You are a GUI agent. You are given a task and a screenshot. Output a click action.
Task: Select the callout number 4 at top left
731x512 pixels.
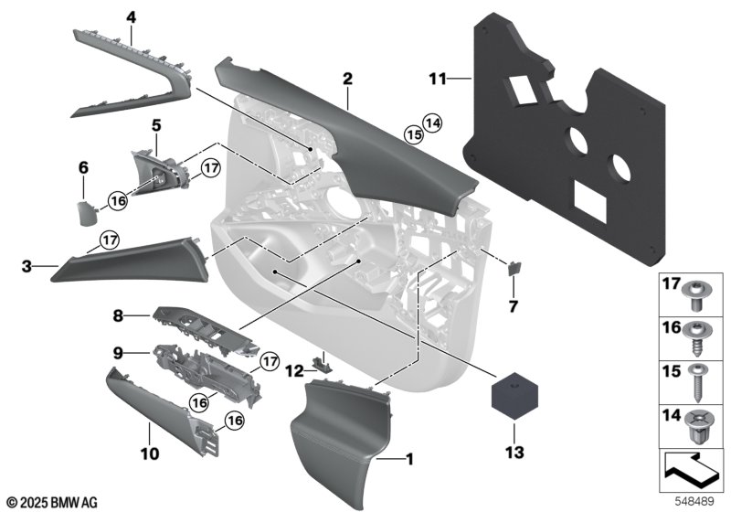[132, 16]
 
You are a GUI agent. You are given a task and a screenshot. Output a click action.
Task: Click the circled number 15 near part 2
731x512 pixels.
[414, 134]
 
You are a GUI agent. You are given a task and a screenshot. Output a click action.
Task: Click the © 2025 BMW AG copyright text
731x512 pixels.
[52, 502]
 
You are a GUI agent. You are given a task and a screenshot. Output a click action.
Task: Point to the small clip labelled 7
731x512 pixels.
[514, 269]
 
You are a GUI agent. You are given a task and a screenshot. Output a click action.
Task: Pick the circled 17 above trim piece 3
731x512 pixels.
[110, 240]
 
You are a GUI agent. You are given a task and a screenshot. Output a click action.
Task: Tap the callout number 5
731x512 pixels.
[156, 123]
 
